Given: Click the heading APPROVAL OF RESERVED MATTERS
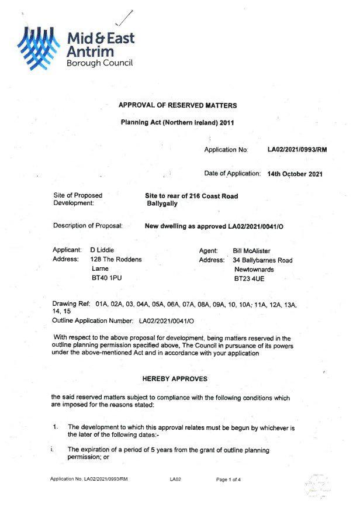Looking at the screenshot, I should click(x=178, y=105).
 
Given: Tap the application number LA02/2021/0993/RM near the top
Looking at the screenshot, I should click(x=297, y=150).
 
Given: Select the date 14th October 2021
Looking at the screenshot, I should click(x=295, y=174).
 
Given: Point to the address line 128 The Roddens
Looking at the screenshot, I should click(x=116, y=260).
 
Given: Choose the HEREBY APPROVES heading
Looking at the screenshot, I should click(x=175, y=378).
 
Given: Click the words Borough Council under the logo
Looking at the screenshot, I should click(x=99, y=63).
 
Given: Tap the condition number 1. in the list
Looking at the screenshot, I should click(x=56, y=427).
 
